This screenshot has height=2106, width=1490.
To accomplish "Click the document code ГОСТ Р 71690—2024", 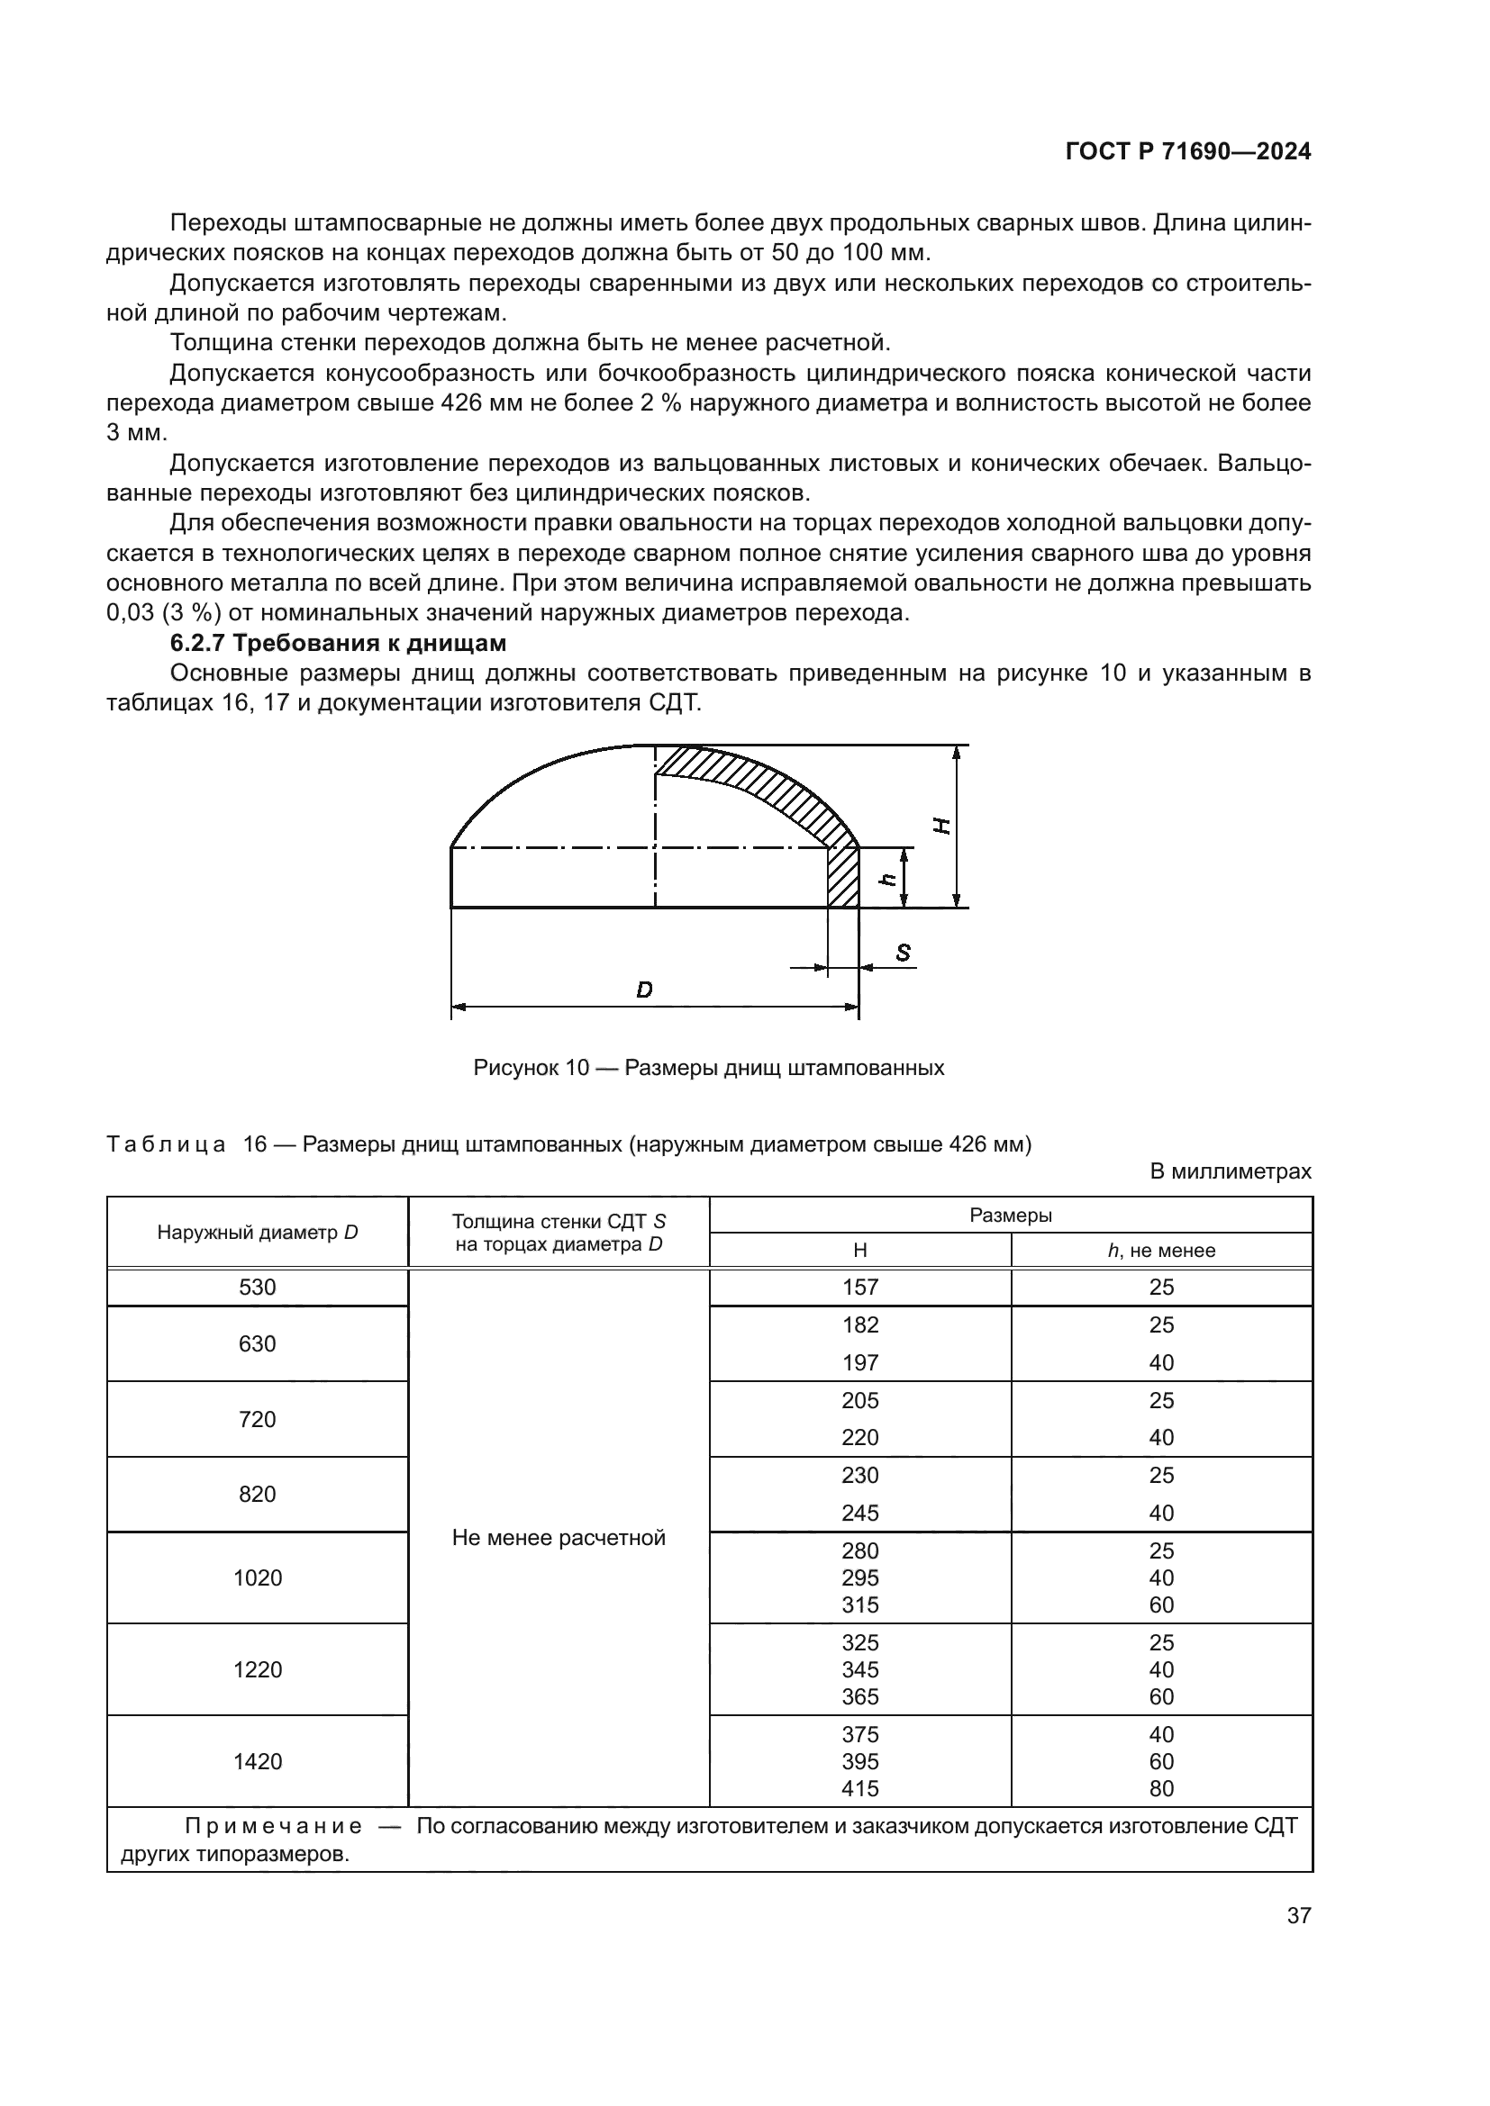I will point(1187,152).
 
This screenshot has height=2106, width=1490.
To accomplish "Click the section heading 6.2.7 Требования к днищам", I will point(338,643).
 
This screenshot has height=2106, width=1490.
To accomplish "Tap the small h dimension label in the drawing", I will point(887,878).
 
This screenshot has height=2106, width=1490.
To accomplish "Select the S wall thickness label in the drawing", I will point(903,953).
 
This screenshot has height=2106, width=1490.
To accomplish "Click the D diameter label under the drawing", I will point(644,990).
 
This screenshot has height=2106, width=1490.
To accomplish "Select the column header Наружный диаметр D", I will point(257,1232).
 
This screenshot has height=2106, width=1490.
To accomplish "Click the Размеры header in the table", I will point(1010,1216).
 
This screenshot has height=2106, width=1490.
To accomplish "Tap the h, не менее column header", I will point(1160,1251).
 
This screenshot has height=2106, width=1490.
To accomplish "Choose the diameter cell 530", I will point(257,1287).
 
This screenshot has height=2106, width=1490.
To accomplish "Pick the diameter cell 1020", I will point(257,1577).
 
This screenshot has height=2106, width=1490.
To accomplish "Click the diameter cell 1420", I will point(257,1761).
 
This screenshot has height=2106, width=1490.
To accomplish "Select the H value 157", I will point(859,1287).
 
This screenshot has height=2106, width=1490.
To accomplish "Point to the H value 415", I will point(859,1788).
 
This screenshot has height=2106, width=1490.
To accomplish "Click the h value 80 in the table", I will point(1160,1788).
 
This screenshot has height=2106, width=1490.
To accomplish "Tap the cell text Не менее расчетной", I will point(558,1537).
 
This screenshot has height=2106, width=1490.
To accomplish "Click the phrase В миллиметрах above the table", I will point(1230,1171).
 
